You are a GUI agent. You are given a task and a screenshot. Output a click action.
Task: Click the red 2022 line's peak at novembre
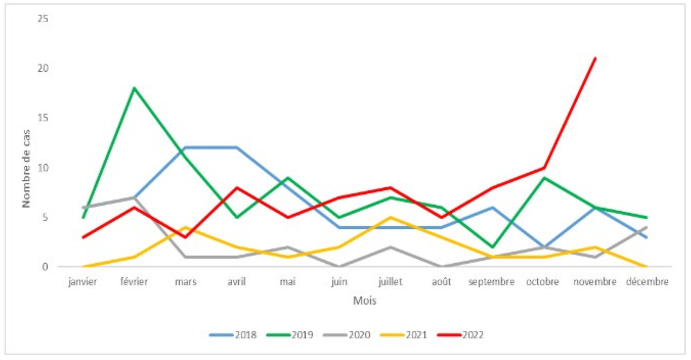point(595,58)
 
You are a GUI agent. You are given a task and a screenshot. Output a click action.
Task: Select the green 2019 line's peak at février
point(134,87)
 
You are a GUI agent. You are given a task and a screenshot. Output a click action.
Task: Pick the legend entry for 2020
point(347,335)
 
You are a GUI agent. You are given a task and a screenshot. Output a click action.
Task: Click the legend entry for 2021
point(403,335)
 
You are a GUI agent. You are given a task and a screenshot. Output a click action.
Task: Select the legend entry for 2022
point(460,335)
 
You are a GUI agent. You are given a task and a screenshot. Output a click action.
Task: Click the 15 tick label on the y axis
point(43,118)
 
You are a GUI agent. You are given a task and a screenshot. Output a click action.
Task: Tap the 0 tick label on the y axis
point(45,267)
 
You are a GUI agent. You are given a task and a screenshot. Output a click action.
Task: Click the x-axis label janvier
point(83,282)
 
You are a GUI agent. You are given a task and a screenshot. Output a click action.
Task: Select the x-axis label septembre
point(492,282)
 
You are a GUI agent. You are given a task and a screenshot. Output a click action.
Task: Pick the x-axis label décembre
point(647,282)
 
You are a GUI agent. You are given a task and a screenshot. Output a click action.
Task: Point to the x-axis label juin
point(339,282)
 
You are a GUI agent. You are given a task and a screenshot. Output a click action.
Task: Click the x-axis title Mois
point(364,301)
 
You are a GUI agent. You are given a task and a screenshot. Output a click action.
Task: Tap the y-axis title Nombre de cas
point(25,167)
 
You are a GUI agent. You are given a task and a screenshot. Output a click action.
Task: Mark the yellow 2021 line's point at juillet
point(390,218)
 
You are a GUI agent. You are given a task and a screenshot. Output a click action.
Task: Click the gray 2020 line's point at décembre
point(646,227)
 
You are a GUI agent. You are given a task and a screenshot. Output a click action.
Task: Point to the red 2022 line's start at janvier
point(83,237)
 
